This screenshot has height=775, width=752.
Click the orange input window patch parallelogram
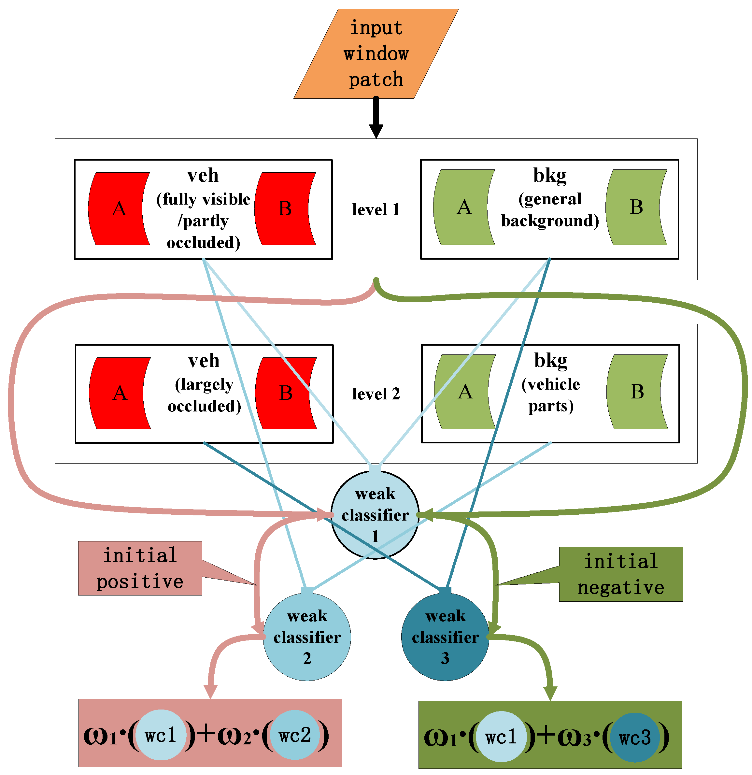376,54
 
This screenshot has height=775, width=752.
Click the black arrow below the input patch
376,119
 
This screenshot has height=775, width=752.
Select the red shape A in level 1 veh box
117,208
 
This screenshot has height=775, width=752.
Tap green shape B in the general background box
634,207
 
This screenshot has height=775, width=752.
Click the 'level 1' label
376,209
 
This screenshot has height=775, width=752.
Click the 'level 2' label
376,394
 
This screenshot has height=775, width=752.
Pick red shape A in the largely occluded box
118,393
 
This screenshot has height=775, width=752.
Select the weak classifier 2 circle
307,637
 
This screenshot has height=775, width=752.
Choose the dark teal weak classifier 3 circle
445,637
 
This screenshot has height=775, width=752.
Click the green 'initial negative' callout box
621,574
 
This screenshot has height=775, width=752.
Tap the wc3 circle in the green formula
634,738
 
